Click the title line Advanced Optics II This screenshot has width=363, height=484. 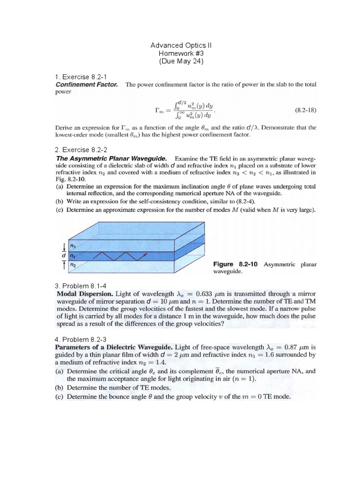[x=181, y=45]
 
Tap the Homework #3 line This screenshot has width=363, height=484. [x=181, y=53]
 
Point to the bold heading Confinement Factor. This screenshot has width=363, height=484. [x=86, y=85]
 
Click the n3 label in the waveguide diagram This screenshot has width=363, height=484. [x=73, y=245]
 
